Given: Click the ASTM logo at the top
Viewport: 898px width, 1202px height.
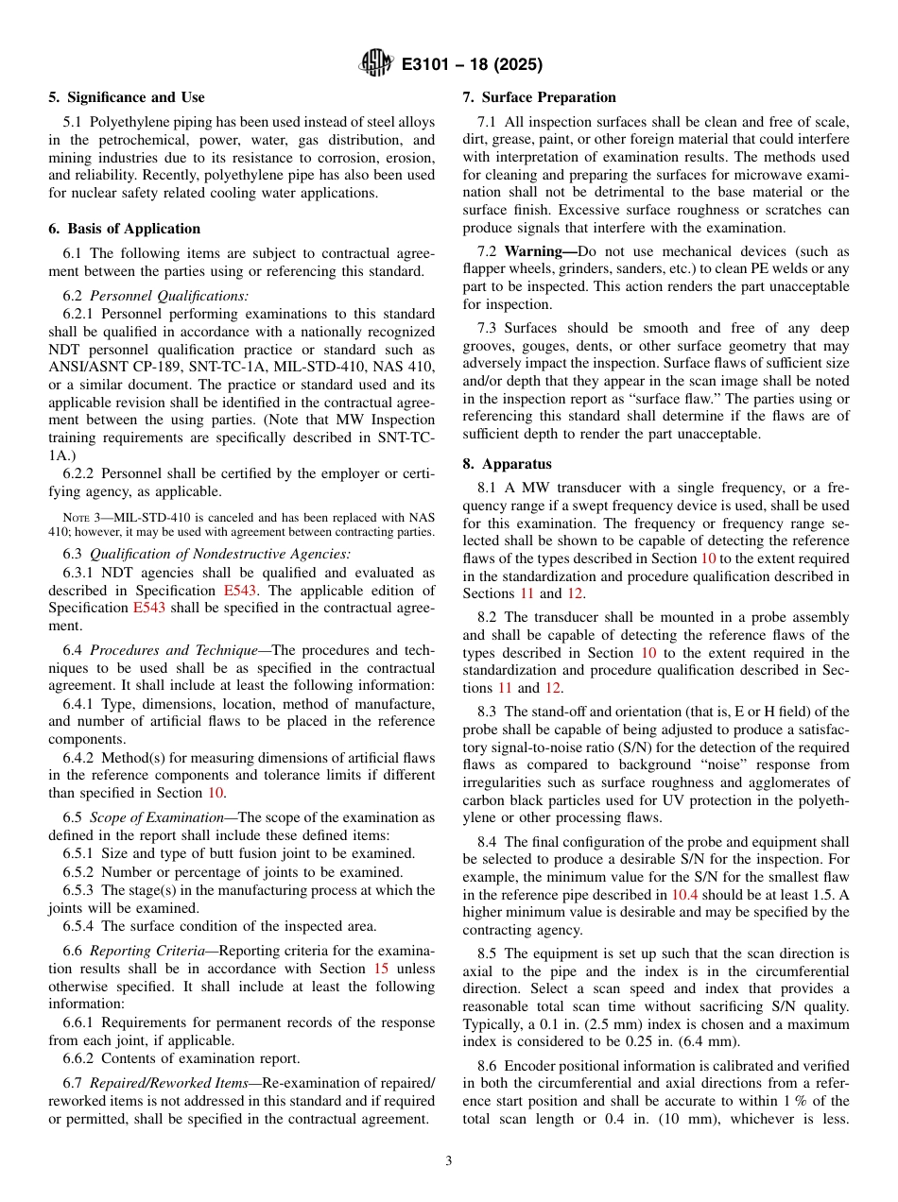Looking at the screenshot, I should [x=377, y=64].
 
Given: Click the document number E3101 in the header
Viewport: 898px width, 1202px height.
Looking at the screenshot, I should [x=432, y=65].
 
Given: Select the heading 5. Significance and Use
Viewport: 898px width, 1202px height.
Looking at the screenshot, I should [x=127, y=97].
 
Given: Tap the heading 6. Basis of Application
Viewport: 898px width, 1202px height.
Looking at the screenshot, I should [x=125, y=229].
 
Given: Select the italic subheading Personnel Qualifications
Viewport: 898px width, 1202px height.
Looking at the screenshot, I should [x=169, y=296].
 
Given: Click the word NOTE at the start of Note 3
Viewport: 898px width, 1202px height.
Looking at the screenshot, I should [x=76, y=516].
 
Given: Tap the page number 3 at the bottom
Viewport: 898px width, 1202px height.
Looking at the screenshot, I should [x=449, y=1160].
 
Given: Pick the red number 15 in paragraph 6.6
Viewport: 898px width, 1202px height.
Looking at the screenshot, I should [x=382, y=969].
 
